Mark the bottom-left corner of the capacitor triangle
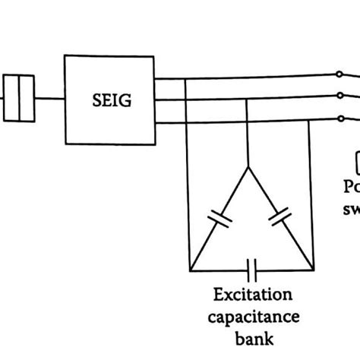190,269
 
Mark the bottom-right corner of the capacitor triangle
312,269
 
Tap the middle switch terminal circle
341,96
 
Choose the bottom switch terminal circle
341,119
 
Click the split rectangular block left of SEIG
19,98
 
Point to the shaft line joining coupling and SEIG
49,98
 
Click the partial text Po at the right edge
351,186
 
